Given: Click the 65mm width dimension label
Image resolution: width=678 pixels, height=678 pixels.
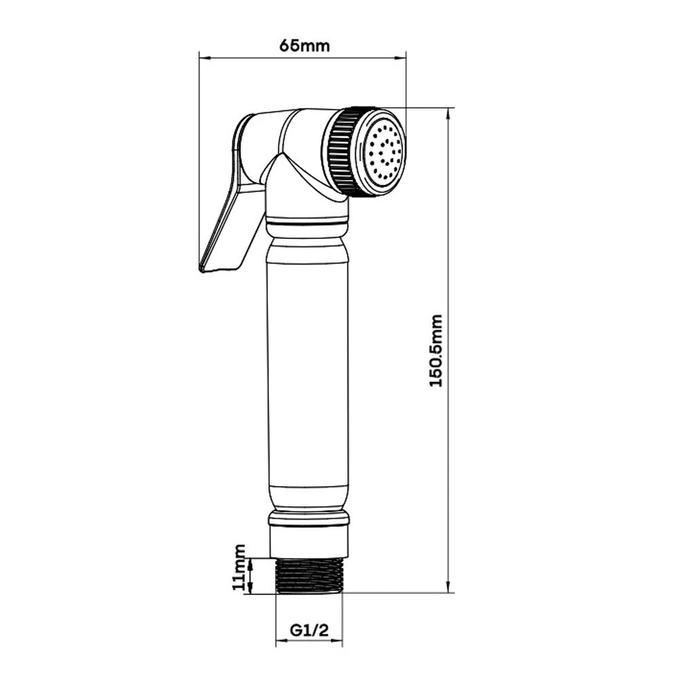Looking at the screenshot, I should [x=304, y=46].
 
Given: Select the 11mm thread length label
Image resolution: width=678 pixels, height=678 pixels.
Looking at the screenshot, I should [x=240, y=567].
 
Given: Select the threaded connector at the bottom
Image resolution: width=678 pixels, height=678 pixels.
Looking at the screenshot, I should [x=308, y=575].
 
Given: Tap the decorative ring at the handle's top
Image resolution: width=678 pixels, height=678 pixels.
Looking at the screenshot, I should [x=308, y=226].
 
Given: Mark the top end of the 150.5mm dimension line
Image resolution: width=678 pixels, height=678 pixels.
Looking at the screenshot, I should [x=449, y=109].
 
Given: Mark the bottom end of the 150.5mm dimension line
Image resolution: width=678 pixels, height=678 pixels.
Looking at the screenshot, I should [x=449, y=592].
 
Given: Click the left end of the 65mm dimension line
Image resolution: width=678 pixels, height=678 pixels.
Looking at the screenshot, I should [x=201, y=56].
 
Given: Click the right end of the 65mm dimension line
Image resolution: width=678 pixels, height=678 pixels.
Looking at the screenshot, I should [x=405, y=56].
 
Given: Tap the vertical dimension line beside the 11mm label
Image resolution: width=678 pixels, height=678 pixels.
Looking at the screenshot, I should [x=252, y=575].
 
